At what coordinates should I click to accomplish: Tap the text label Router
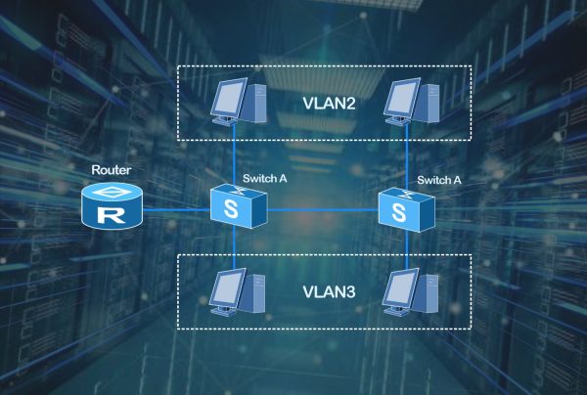(x=111, y=170)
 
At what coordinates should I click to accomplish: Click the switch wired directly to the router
(x=237, y=206)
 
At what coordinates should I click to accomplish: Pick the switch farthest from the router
(x=405, y=206)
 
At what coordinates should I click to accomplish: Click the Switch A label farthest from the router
(x=438, y=180)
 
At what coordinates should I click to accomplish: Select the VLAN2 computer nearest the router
(x=237, y=99)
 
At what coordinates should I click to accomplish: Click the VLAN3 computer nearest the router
(x=237, y=289)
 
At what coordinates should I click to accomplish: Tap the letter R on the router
(x=112, y=212)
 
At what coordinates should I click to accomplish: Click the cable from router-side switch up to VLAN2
(x=235, y=156)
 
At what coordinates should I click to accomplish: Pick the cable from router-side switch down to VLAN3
(x=235, y=249)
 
